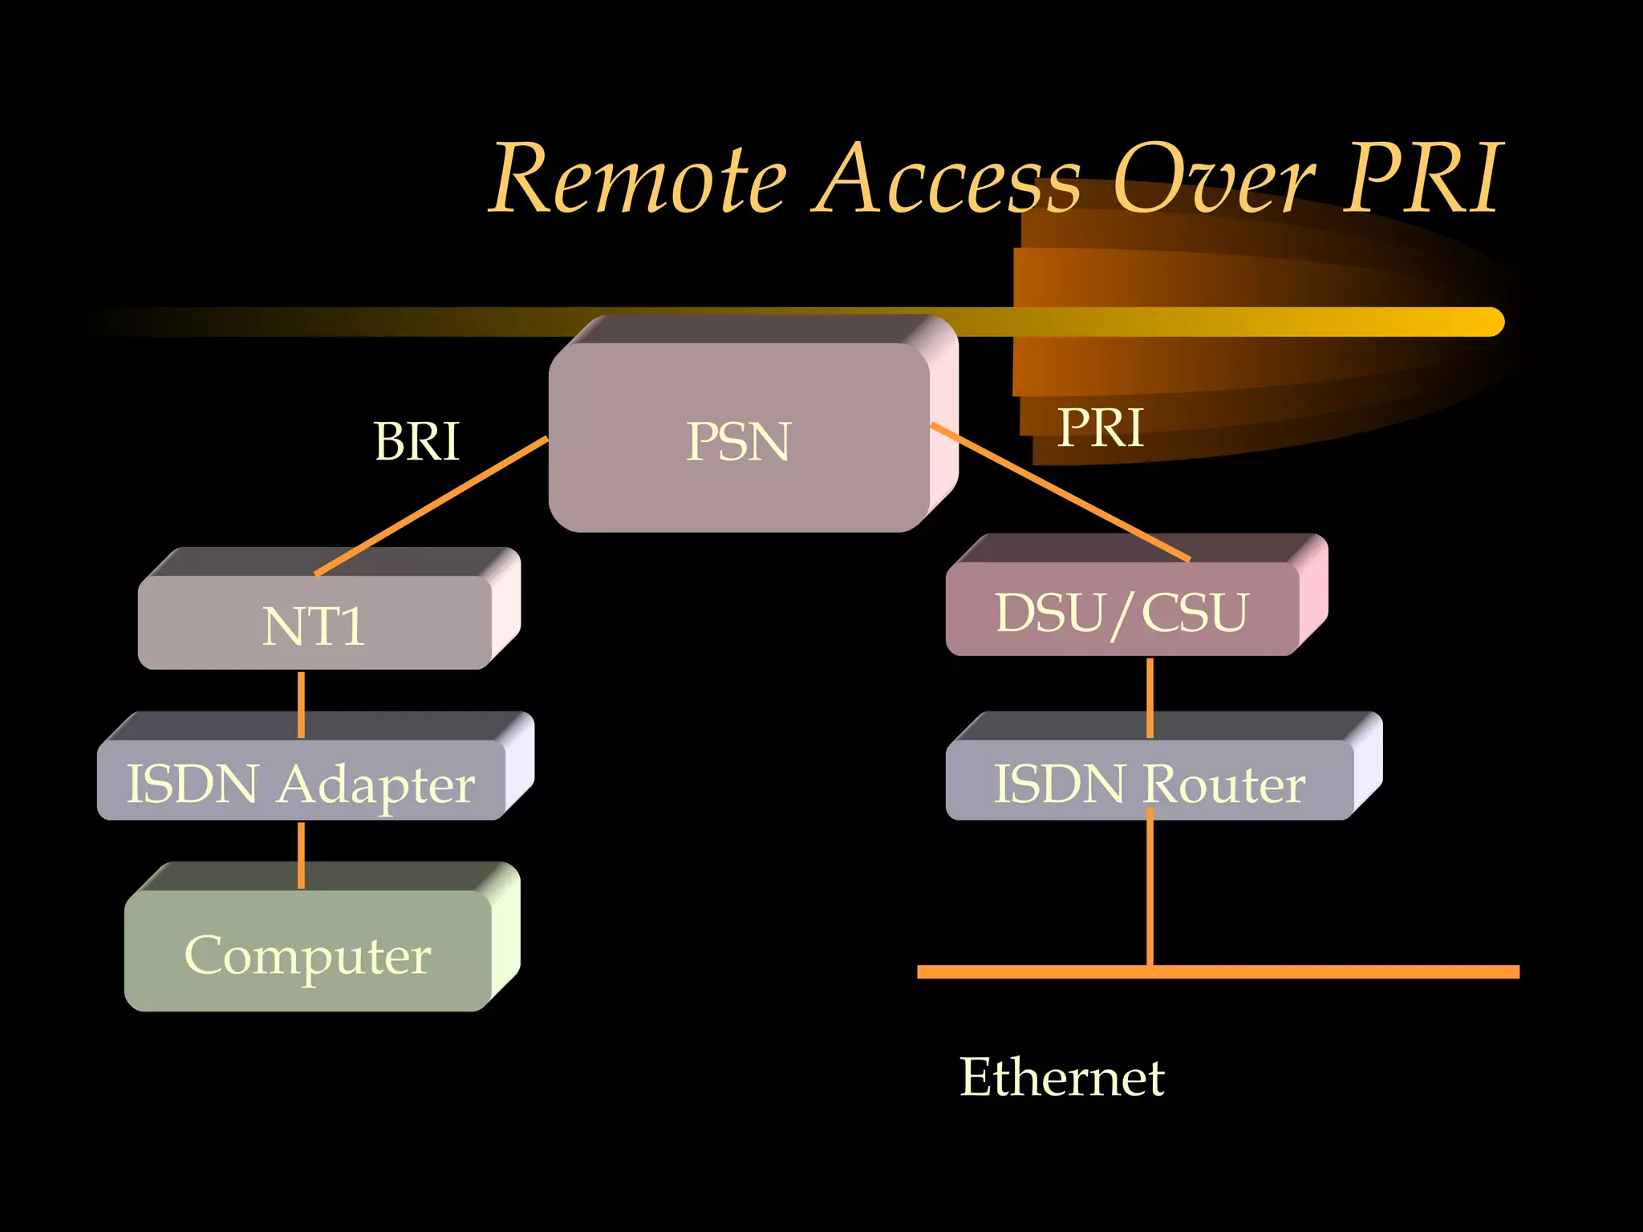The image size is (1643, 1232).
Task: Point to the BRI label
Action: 416,441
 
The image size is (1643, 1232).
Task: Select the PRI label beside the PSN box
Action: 1100,428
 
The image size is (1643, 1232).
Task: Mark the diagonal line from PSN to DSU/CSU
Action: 1059,492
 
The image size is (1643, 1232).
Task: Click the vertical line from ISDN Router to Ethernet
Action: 1150,890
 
